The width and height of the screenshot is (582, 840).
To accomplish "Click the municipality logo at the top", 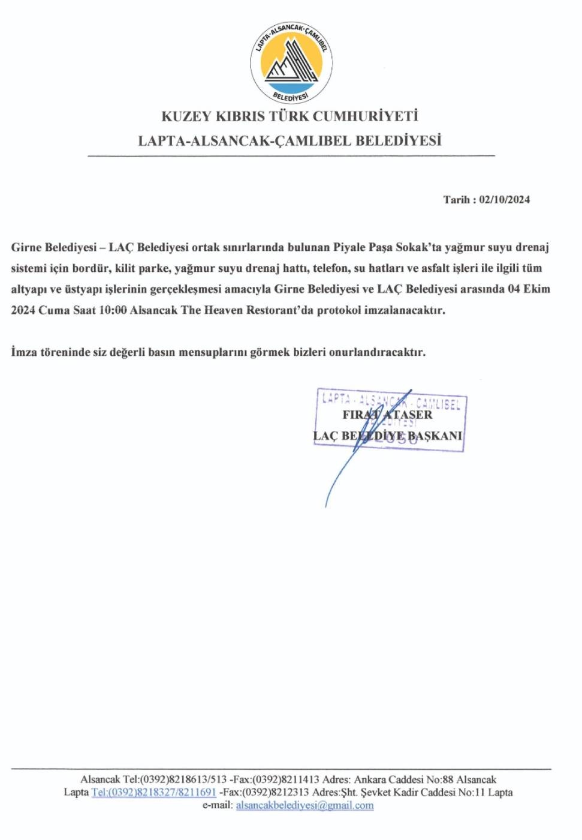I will (x=291, y=63).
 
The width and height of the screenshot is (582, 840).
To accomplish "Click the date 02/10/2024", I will (x=505, y=200).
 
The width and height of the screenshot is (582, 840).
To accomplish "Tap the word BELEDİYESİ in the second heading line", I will (x=399, y=141).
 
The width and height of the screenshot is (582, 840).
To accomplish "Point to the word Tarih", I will (x=456, y=200).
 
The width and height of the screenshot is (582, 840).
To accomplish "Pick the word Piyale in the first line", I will (x=349, y=247).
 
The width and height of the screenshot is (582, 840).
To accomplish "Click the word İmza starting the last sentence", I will (x=24, y=352).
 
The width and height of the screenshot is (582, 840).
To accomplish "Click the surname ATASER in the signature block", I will (x=408, y=415).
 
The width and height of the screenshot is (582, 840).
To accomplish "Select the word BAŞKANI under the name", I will (x=435, y=436).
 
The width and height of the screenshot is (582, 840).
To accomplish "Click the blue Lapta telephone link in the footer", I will (x=153, y=793).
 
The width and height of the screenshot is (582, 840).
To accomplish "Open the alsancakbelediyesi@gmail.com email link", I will (x=304, y=805).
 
